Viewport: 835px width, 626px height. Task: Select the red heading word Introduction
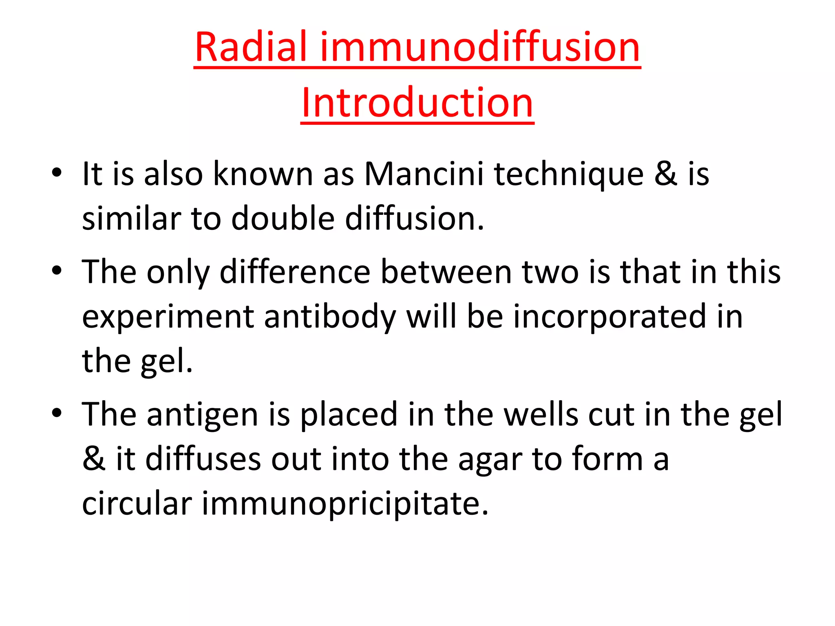click(417, 102)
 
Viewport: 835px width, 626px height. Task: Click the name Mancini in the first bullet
click(424, 174)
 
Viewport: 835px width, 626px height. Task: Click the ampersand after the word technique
click(666, 174)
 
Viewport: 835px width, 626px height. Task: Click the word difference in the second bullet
click(294, 272)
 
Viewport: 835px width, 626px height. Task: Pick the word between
click(446, 272)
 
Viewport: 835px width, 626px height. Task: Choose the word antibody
click(330, 317)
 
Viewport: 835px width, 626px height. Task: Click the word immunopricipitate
click(345, 504)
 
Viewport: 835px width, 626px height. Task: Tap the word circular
click(137, 503)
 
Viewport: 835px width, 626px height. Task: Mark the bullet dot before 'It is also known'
click(57, 172)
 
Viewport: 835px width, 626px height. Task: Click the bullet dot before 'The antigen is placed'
click(57, 413)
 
